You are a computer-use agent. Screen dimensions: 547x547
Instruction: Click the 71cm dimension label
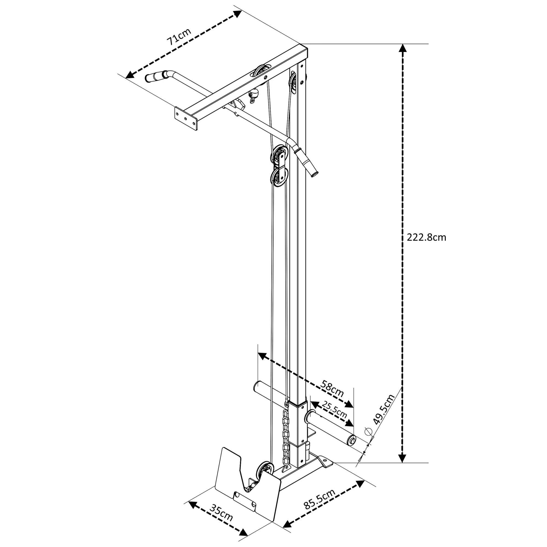[179, 37]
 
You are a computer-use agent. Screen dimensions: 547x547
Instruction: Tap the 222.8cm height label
[426, 237]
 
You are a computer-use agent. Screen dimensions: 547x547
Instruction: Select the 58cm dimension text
[332, 388]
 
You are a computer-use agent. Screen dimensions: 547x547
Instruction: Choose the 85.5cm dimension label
[319, 499]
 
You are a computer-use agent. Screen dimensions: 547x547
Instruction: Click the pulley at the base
[265, 472]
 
